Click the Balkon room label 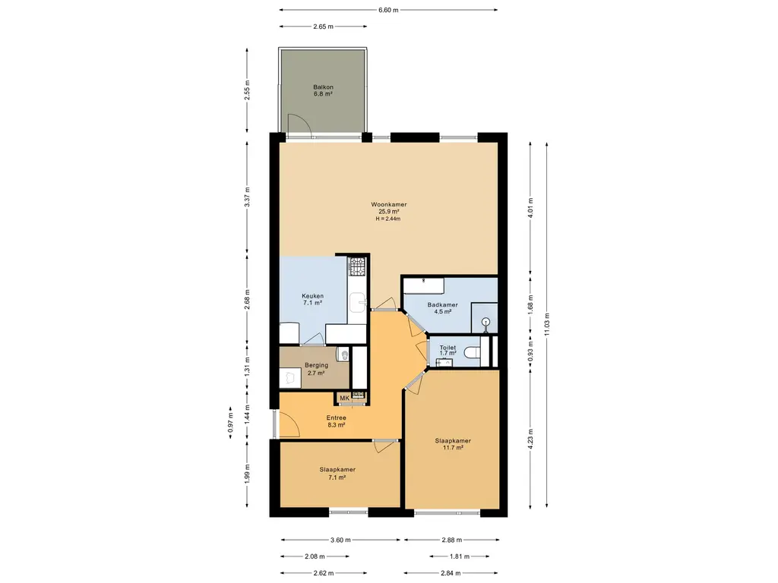click(x=323, y=87)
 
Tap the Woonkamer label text click(x=388, y=204)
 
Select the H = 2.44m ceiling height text click(x=388, y=219)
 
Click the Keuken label click(x=312, y=296)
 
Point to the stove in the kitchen click(x=357, y=266)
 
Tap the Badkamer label click(x=443, y=305)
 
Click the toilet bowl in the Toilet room click(x=472, y=352)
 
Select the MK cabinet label click(x=344, y=398)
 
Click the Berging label click(x=316, y=365)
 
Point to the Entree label click(x=336, y=418)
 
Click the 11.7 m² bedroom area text click(x=453, y=448)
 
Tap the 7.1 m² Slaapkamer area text click(x=337, y=477)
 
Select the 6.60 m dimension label click(x=388, y=10)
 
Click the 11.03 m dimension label click(x=547, y=324)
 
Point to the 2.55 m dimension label click(x=247, y=90)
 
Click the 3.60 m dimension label click(x=340, y=540)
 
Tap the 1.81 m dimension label click(x=460, y=556)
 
